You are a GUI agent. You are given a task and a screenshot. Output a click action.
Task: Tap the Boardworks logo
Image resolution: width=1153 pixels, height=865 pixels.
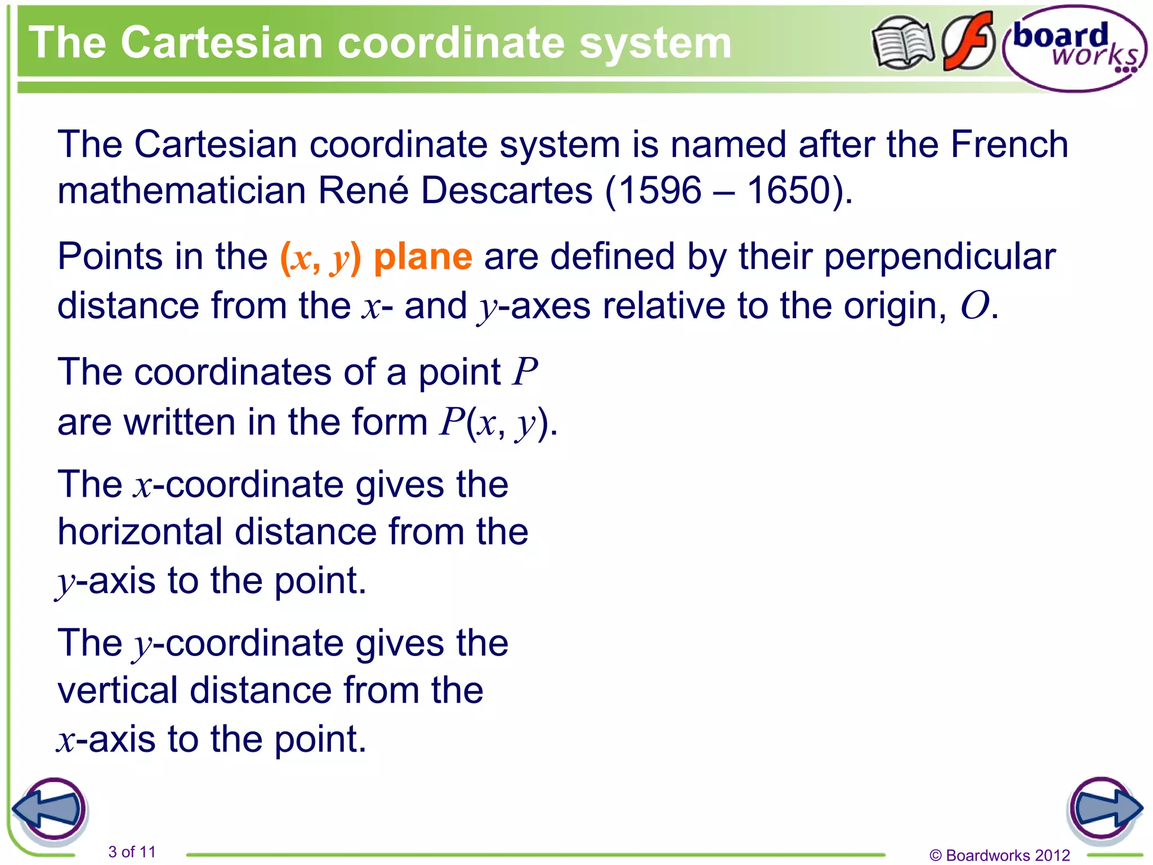(x=1075, y=48)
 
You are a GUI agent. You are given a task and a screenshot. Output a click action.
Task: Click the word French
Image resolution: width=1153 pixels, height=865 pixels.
(x=1009, y=144)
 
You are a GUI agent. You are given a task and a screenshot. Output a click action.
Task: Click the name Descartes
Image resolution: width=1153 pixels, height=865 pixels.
(x=506, y=190)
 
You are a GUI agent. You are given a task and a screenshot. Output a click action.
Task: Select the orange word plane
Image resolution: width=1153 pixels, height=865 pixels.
(x=423, y=257)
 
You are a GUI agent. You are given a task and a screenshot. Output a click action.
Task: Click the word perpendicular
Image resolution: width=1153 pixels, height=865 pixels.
(x=940, y=257)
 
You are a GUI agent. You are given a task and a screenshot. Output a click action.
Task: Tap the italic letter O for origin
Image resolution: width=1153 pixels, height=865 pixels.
(x=975, y=306)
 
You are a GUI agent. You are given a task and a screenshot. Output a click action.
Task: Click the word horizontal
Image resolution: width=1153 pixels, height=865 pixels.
(x=140, y=532)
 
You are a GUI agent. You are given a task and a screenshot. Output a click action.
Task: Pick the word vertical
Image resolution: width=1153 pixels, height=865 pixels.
(x=118, y=690)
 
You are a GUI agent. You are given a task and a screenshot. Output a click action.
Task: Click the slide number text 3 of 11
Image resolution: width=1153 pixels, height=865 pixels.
(x=132, y=851)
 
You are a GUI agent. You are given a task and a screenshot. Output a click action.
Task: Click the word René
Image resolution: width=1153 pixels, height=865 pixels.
(x=363, y=190)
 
